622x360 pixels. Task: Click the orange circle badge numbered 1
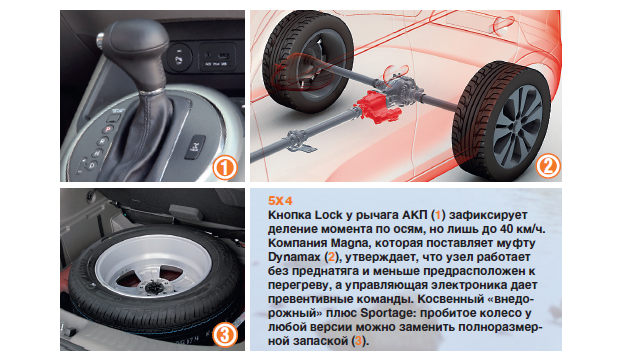(x=225, y=168)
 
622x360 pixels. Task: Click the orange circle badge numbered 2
(x=548, y=166)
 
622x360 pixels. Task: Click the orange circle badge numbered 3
(x=225, y=335)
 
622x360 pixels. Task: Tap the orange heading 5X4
(x=280, y=201)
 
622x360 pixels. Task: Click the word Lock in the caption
(x=328, y=215)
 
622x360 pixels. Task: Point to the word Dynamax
(x=294, y=257)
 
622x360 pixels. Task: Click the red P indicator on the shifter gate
(x=108, y=129)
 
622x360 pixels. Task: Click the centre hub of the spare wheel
(x=153, y=286)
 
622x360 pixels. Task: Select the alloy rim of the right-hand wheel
(x=518, y=125)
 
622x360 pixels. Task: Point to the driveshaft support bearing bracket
(x=299, y=142)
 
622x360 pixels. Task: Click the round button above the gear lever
(x=179, y=57)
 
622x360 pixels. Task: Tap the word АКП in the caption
(x=415, y=215)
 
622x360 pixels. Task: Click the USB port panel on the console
(x=217, y=57)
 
